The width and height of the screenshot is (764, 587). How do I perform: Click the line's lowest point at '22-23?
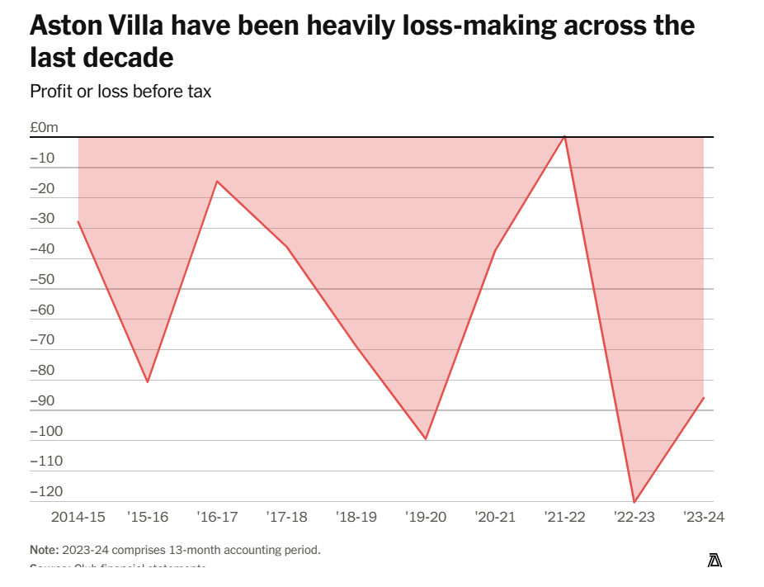[634, 502]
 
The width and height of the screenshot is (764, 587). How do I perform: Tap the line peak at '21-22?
[564, 136]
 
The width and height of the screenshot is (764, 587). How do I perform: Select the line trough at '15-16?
[148, 382]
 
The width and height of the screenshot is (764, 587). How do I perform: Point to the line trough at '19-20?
[426, 439]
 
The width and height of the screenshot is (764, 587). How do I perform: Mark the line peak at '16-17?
[217, 181]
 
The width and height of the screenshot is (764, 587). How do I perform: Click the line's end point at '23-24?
[704, 398]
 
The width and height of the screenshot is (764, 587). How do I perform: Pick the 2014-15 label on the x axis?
[78, 518]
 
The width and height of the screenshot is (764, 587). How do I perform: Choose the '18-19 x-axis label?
[356, 518]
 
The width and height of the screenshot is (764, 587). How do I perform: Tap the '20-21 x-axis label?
[495, 518]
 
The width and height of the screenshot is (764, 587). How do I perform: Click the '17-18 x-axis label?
[287, 518]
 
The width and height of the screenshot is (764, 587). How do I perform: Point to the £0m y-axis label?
[45, 127]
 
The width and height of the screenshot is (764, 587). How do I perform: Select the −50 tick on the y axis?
[43, 279]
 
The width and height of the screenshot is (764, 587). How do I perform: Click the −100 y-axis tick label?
[46, 431]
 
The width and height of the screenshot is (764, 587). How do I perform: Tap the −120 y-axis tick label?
[46, 491]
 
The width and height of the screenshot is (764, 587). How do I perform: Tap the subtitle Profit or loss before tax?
[120, 92]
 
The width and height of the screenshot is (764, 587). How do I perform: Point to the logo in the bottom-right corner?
[714, 561]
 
